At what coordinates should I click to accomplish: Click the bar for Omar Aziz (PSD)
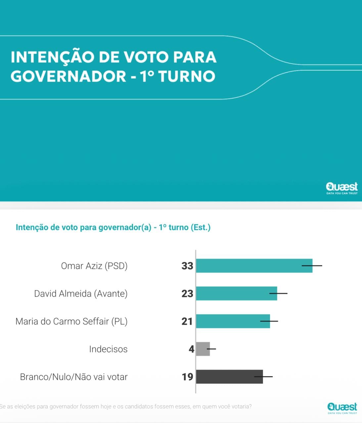(254, 266)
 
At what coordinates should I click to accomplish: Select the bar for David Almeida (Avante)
(236, 293)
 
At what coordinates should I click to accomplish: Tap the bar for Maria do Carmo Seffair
(233, 321)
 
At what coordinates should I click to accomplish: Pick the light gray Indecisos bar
(203, 349)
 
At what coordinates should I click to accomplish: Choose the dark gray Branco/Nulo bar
(229, 377)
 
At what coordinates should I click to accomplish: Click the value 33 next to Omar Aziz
(187, 266)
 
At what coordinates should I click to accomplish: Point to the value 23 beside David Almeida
(187, 294)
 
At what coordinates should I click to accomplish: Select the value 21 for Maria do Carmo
(187, 322)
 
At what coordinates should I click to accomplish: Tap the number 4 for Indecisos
(191, 349)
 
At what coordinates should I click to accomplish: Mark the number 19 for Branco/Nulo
(187, 377)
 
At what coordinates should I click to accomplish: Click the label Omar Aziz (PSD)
(94, 266)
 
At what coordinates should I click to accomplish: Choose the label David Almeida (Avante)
(81, 294)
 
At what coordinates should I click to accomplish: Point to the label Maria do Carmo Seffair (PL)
(71, 322)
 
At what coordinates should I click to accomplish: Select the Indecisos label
(108, 349)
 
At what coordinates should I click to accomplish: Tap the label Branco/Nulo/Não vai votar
(74, 377)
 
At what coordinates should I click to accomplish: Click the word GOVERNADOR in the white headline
(68, 76)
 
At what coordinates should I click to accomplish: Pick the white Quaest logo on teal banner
(342, 188)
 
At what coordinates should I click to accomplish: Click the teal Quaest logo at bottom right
(342, 407)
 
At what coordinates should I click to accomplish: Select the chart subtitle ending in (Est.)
(113, 227)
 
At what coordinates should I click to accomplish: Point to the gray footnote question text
(126, 406)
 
